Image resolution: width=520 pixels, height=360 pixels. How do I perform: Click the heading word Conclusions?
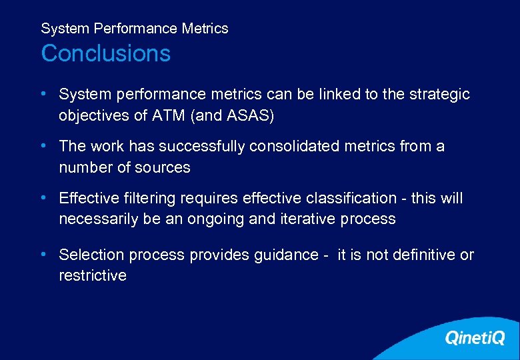tap(105, 53)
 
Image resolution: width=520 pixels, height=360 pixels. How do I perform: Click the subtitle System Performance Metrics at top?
tap(134, 29)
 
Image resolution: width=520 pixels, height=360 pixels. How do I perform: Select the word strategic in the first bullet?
tap(440, 95)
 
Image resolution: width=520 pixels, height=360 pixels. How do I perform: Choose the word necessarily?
tap(99, 219)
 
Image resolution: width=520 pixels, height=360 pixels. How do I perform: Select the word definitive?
tap(423, 255)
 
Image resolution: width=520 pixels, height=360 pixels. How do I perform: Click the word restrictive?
tap(92, 275)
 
